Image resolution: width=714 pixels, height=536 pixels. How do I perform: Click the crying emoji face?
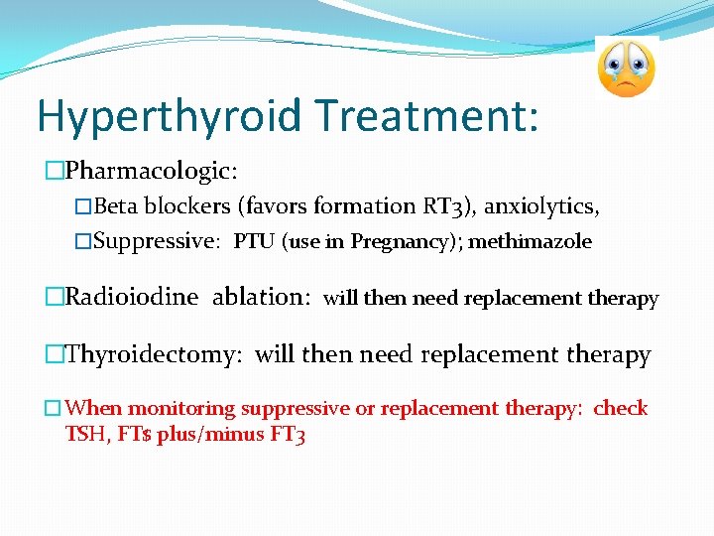click(x=627, y=68)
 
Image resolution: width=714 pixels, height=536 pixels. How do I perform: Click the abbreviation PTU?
click(x=254, y=241)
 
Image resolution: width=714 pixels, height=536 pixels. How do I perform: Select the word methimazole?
click(x=530, y=241)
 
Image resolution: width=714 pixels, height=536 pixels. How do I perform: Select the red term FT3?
click(x=288, y=434)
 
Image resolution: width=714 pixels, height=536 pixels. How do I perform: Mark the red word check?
click(x=620, y=408)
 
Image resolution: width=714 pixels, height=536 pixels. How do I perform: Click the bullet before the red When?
click(x=53, y=409)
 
